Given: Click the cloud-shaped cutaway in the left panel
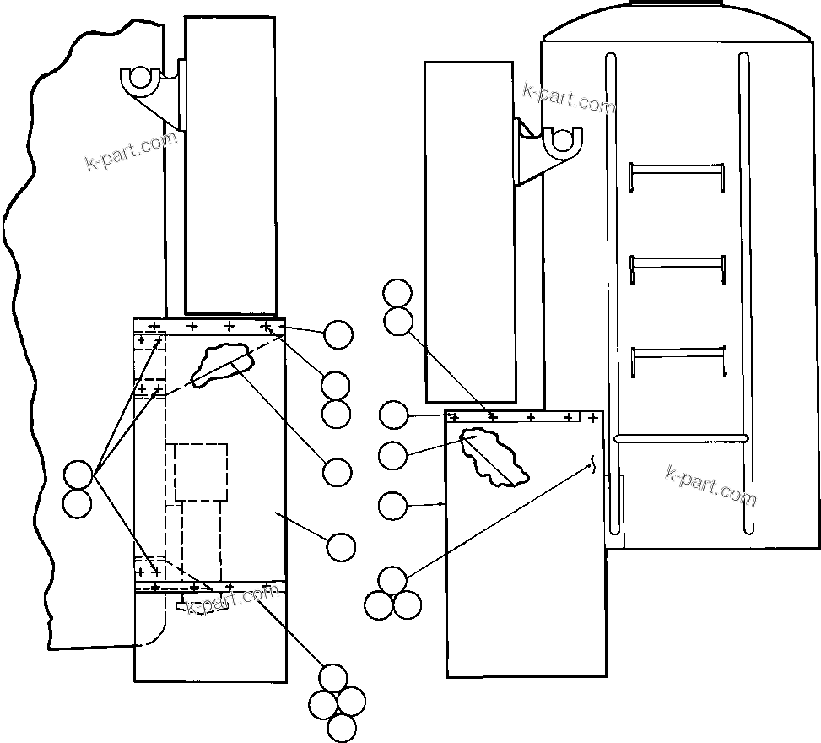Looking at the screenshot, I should pos(223,364).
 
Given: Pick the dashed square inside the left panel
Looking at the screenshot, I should pos(201,471).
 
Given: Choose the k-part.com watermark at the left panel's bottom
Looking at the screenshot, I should pos(232,600).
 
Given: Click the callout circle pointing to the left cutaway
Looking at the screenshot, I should pos(338,473).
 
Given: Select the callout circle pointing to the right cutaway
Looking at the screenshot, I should pos(393,456).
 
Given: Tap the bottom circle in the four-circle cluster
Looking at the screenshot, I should pos(341,728).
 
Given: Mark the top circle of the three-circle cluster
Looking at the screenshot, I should pos(392,581).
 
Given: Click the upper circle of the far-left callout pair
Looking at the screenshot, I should pos(78,475).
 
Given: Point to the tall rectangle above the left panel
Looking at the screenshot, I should pos(230,165).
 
